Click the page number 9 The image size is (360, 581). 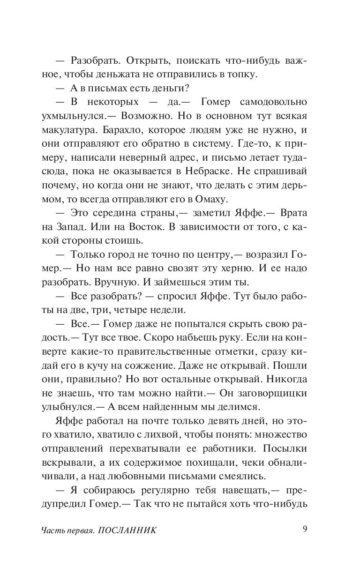[305, 530]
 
